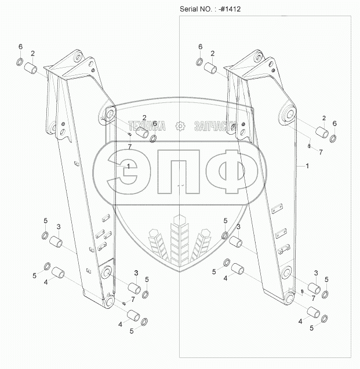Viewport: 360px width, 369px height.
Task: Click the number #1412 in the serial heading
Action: click(231, 9)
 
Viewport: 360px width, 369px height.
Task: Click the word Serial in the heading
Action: click(188, 9)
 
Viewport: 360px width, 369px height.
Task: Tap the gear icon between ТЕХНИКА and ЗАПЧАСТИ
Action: click(180, 126)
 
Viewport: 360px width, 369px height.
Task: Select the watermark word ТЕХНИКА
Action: click(147, 126)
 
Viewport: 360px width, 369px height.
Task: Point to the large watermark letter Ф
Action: click(232, 172)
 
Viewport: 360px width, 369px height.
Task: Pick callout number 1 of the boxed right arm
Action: click(307, 166)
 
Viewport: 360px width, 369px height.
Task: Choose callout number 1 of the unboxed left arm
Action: click(128, 167)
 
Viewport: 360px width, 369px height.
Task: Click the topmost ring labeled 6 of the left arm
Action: click(20, 62)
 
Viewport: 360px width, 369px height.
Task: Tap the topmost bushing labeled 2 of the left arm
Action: click(31, 68)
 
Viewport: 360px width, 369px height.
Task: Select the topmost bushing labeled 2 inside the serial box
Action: click(210, 68)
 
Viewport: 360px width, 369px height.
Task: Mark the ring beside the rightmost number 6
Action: click(333, 139)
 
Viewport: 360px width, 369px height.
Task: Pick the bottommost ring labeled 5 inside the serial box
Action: click(325, 319)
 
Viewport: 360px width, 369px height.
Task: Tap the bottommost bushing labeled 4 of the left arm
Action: click(133, 316)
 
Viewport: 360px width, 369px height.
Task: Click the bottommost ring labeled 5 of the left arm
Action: click(144, 322)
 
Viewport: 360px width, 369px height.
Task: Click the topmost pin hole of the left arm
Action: click(78, 57)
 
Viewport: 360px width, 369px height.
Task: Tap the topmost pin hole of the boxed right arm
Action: click(259, 57)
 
